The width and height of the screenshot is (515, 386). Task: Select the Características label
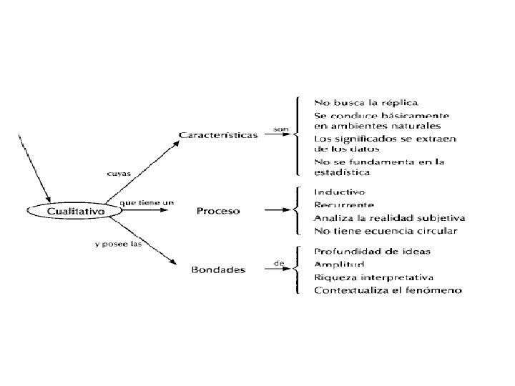coord(218,134)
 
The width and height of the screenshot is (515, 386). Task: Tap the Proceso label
coord(218,212)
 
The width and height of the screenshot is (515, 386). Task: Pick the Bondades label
coord(218,269)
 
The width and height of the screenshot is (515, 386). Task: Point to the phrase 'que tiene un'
coord(147,203)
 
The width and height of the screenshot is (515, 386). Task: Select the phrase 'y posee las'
coord(118,244)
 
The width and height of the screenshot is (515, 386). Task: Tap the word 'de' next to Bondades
coord(279,264)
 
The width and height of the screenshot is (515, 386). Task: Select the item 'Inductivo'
coord(340,192)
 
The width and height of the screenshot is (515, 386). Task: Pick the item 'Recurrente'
coord(344,205)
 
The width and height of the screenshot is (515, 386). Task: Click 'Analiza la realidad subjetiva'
coord(390,217)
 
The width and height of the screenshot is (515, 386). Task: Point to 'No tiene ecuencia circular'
coord(386,230)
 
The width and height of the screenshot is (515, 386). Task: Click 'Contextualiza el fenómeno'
coord(388,289)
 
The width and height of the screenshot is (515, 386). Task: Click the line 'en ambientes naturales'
coord(372,127)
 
